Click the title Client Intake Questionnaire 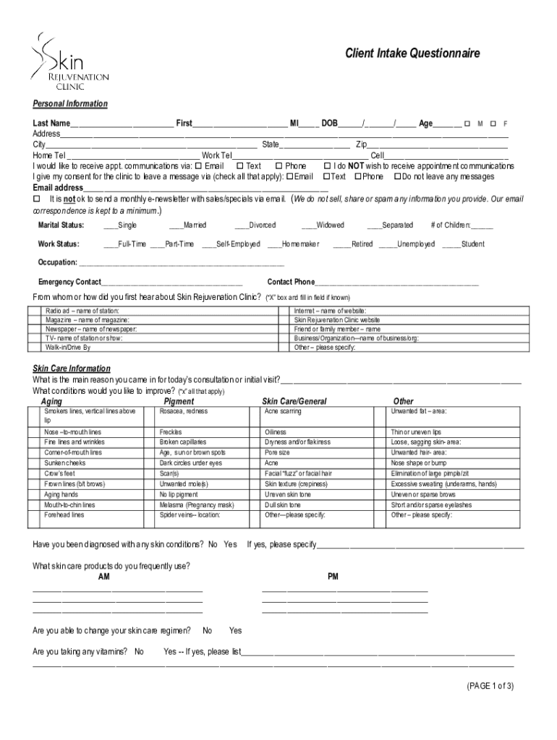tap(412, 53)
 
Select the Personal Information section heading tap(70, 104)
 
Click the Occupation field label tap(57, 262)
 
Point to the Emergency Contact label tap(69, 282)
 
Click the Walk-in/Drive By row tap(68, 347)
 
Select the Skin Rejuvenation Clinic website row tap(336, 319)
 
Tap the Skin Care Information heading tap(72, 369)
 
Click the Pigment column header tap(179, 401)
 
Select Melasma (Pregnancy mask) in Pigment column tap(197, 504)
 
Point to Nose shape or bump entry tap(419, 462)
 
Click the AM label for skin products tap(104, 577)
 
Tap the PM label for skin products tap(333, 577)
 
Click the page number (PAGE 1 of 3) tap(490, 687)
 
